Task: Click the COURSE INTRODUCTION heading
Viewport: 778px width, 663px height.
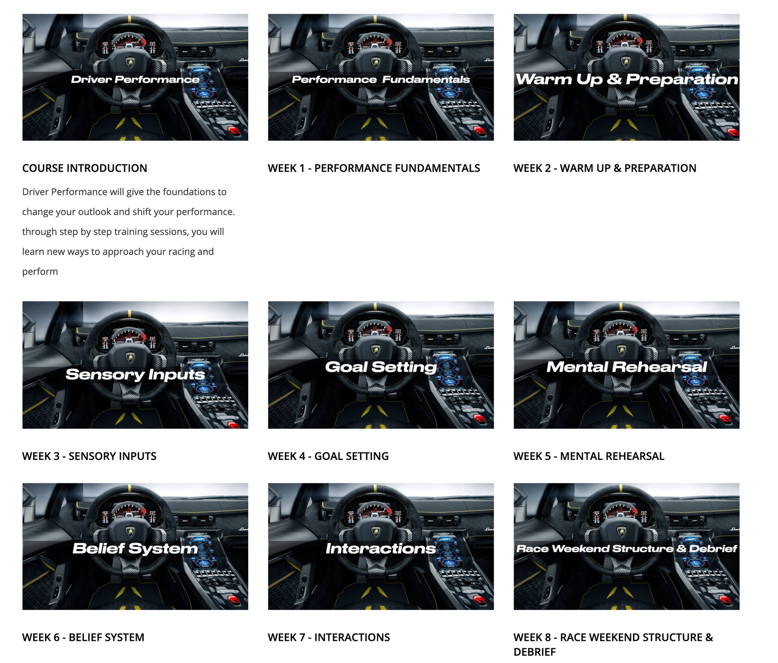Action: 85,168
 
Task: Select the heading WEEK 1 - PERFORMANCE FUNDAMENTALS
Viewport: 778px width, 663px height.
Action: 374,168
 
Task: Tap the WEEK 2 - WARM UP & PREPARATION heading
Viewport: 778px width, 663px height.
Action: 605,168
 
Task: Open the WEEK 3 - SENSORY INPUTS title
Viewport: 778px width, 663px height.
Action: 89,456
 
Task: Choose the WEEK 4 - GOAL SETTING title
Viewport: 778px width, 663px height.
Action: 328,456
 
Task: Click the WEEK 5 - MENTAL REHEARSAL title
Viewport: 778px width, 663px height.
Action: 589,456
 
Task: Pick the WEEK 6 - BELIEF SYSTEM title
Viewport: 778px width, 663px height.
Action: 83,637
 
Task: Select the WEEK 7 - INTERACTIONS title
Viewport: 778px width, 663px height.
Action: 329,637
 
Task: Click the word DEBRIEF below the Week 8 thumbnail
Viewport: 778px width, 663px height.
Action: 535,652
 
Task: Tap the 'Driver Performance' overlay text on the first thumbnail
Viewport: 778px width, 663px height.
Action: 135,80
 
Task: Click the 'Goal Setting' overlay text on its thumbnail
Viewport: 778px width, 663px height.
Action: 381,367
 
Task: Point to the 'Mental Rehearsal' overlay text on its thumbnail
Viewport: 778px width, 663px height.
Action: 626,367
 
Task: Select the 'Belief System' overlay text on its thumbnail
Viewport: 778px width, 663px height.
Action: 135,548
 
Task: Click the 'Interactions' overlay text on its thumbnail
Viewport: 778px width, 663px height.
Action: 381,548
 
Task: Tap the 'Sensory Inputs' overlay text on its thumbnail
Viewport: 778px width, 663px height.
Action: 135,374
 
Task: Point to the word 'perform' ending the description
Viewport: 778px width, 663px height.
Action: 40,272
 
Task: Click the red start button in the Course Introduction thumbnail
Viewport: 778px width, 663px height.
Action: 235,131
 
